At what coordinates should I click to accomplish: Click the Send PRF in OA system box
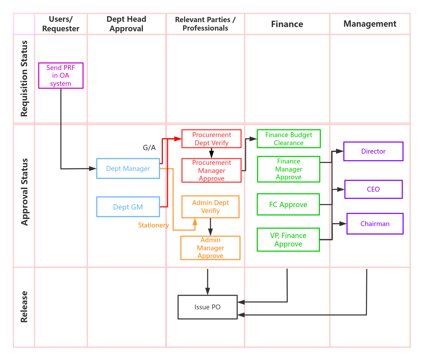(x=61, y=76)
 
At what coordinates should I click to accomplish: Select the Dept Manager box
(x=128, y=168)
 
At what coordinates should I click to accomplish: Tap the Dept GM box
(x=128, y=207)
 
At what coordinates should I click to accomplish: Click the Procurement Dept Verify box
(x=211, y=139)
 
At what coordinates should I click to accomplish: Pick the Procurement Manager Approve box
(x=211, y=171)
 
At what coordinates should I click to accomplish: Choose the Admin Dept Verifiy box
(x=210, y=207)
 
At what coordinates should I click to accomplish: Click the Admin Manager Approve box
(x=210, y=248)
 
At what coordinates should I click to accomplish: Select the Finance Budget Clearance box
(x=289, y=139)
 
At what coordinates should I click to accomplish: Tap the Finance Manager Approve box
(x=289, y=169)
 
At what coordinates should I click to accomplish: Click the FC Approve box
(x=288, y=204)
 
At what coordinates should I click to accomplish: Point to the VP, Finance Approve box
(x=288, y=240)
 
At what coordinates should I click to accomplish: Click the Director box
(x=373, y=151)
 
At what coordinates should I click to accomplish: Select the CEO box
(x=373, y=189)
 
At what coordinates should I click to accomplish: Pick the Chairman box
(x=375, y=224)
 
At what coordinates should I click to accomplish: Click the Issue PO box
(x=207, y=307)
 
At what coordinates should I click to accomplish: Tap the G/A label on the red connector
(x=149, y=148)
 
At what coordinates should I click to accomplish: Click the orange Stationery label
(x=153, y=225)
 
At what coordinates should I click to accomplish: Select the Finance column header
(x=287, y=24)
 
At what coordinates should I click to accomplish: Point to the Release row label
(x=24, y=307)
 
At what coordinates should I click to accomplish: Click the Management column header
(x=370, y=24)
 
